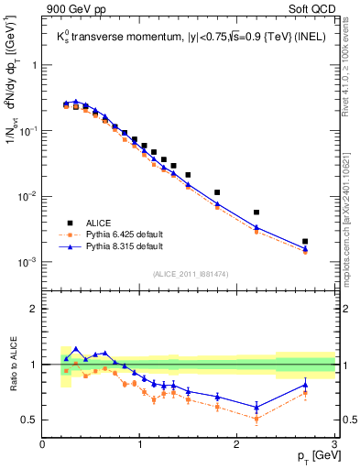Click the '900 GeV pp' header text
click(77, 9)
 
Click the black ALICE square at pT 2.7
click(305, 242)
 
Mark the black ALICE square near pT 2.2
click(256, 213)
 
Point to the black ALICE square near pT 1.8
click(217, 192)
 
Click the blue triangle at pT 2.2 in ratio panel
click(256, 407)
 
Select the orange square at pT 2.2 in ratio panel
click(256, 419)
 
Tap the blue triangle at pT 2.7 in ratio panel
click(305, 385)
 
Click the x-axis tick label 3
click(334, 446)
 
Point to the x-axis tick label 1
click(139, 446)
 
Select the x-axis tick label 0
click(42, 446)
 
